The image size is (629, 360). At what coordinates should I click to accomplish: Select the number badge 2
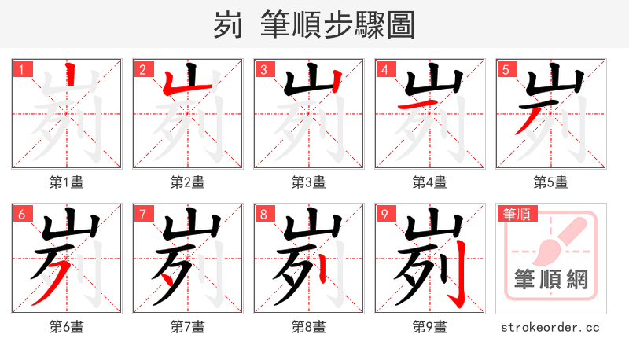pyautogui.click(x=142, y=69)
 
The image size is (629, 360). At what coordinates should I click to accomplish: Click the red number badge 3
pyautogui.click(x=263, y=69)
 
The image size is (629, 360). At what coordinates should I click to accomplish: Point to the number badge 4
pyautogui.click(x=384, y=69)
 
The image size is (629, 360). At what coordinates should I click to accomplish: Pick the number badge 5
pyautogui.click(x=506, y=69)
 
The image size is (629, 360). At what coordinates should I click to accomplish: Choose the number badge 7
pyautogui.click(x=142, y=214)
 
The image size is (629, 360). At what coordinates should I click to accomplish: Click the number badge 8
pyautogui.click(x=263, y=214)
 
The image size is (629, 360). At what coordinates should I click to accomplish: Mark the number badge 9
pyautogui.click(x=384, y=214)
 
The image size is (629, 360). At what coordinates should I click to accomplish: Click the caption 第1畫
pyautogui.click(x=67, y=182)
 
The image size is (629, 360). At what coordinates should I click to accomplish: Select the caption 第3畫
pyautogui.click(x=309, y=182)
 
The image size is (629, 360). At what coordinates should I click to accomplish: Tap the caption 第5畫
pyautogui.click(x=551, y=182)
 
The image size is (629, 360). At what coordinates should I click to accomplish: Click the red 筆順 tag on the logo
pyautogui.click(x=516, y=213)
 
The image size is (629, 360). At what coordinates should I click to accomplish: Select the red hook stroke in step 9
pyautogui.click(x=458, y=275)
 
